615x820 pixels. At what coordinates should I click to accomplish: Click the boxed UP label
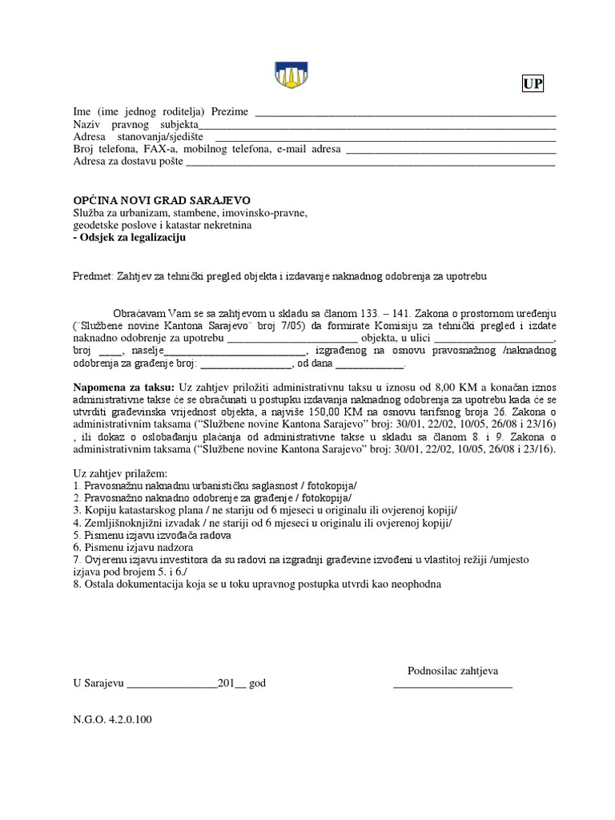tap(533, 85)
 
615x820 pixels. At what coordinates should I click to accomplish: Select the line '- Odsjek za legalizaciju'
tap(129, 238)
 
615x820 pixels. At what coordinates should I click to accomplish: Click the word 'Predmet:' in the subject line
tap(94, 275)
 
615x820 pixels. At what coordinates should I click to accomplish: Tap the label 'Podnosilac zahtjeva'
tap(452, 670)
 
